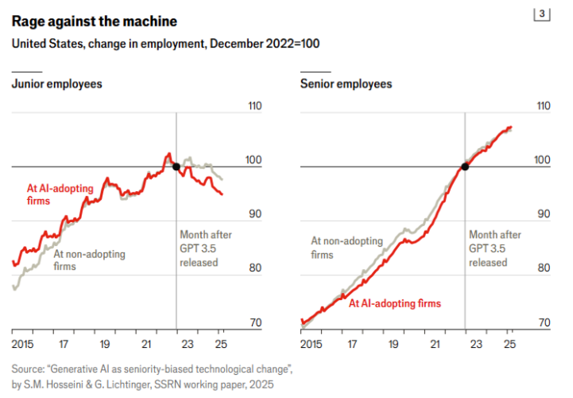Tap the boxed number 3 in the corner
(x=542, y=14)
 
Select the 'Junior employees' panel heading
(x=56, y=84)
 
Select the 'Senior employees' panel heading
(x=346, y=84)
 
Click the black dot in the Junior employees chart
(x=176, y=166)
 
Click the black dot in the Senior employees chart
(x=465, y=166)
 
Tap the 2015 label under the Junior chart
(x=23, y=344)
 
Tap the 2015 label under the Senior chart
(x=312, y=344)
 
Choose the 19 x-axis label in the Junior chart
(x=104, y=344)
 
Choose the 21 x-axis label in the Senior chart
(x=435, y=344)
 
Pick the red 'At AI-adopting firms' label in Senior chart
(x=395, y=303)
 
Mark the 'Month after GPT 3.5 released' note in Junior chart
(x=205, y=248)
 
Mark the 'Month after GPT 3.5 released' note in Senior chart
(x=495, y=248)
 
